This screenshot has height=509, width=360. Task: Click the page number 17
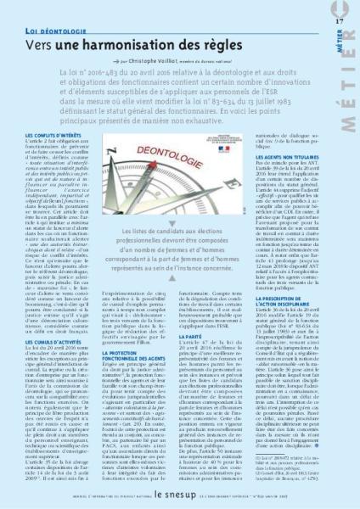coord(340,20)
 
